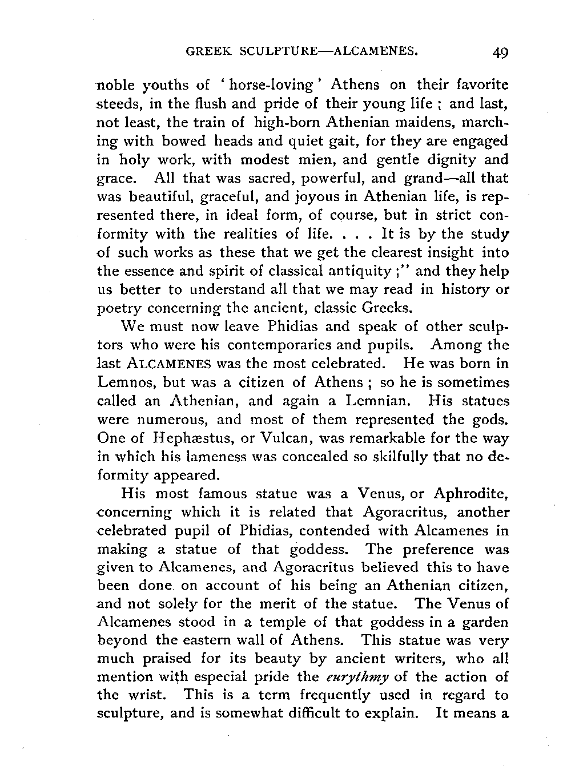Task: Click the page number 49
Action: [499, 53]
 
